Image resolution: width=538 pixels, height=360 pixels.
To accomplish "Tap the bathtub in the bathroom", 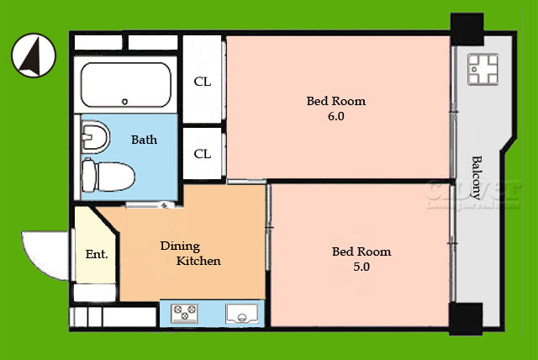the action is [126, 85].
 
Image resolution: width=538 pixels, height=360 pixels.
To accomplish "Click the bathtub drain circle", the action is [125, 102].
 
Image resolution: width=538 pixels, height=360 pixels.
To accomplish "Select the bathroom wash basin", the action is [95, 136].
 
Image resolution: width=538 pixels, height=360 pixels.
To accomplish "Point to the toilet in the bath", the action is [108, 176].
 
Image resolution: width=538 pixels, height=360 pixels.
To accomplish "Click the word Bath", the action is [144, 140].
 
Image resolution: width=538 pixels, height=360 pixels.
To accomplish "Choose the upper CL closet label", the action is [202, 82].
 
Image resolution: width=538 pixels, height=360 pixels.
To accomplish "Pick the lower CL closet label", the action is [202, 154].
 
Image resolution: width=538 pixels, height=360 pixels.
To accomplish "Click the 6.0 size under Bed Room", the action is [336, 116].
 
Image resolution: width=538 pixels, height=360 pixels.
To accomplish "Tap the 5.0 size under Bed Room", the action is [361, 267].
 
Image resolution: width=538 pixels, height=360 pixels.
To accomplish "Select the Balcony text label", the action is [477, 177].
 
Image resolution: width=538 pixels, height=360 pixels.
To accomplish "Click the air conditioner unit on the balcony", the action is [483, 69].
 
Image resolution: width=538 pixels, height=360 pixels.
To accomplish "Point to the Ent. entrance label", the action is [97, 254].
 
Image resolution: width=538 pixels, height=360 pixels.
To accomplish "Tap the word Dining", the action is [180, 246].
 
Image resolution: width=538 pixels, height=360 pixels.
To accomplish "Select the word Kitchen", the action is [198, 261].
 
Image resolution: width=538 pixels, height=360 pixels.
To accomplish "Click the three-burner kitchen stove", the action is [185, 313].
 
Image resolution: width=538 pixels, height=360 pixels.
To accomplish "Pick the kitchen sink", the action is [242, 314].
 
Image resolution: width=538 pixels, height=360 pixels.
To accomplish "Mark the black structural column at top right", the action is [467, 29].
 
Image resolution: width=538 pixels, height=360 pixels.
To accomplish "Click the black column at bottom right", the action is [466, 319].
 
